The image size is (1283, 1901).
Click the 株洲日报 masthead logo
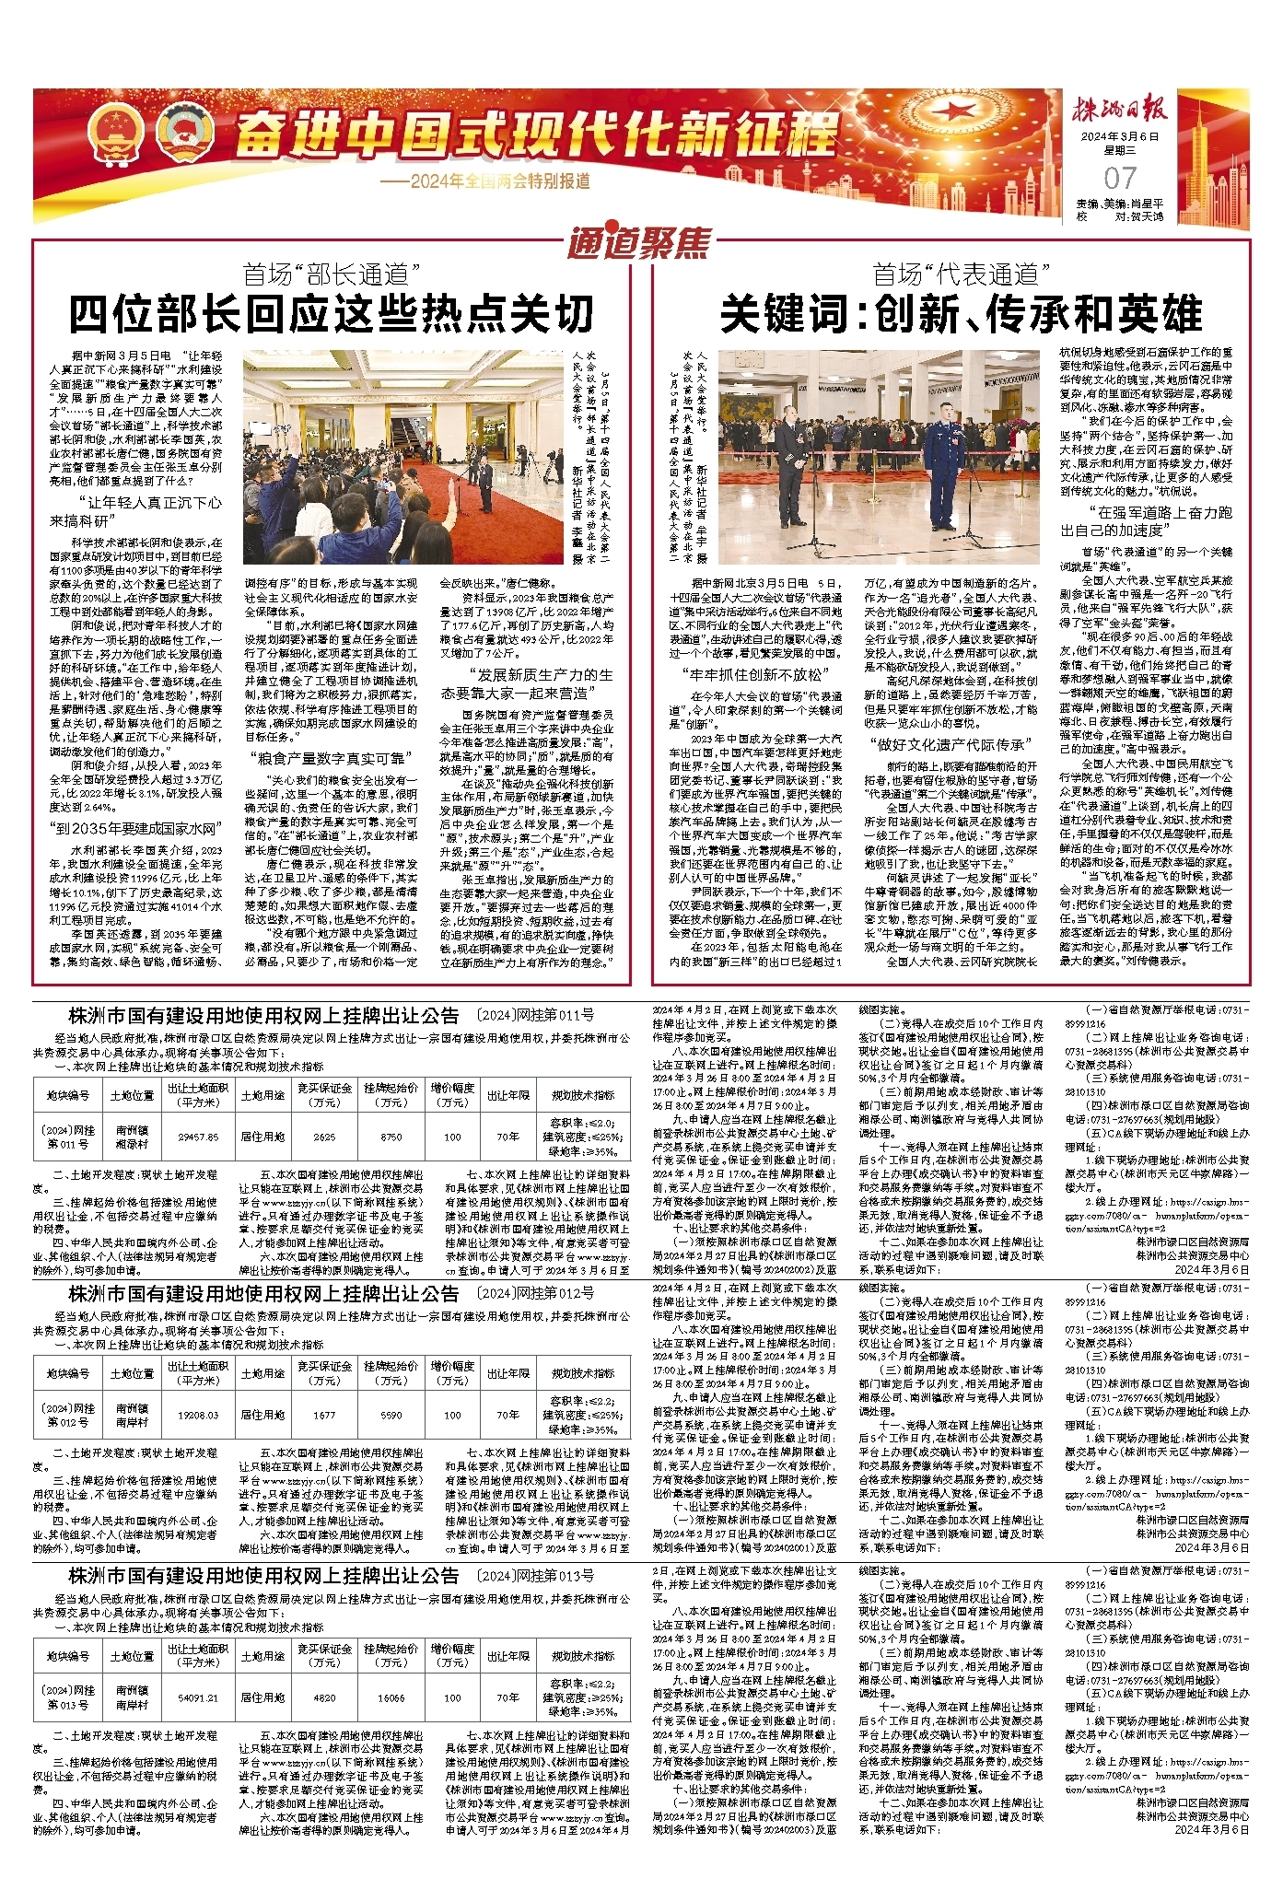[1120, 110]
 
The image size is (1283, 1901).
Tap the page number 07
[1120, 178]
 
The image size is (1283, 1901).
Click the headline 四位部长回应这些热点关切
[332, 314]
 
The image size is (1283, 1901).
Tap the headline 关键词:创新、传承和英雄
[961, 314]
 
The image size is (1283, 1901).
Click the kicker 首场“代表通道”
[961, 274]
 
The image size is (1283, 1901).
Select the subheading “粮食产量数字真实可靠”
[329, 758]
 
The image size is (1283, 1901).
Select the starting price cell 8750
[391, 1137]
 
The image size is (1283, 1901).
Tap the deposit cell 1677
[324, 1415]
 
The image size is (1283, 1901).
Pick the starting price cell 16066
[391, 1697]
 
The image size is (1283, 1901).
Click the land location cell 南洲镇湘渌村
[133, 1137]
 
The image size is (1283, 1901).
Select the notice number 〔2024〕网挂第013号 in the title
[534, 1577]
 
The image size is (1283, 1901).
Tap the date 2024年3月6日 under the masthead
[1120, 136]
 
